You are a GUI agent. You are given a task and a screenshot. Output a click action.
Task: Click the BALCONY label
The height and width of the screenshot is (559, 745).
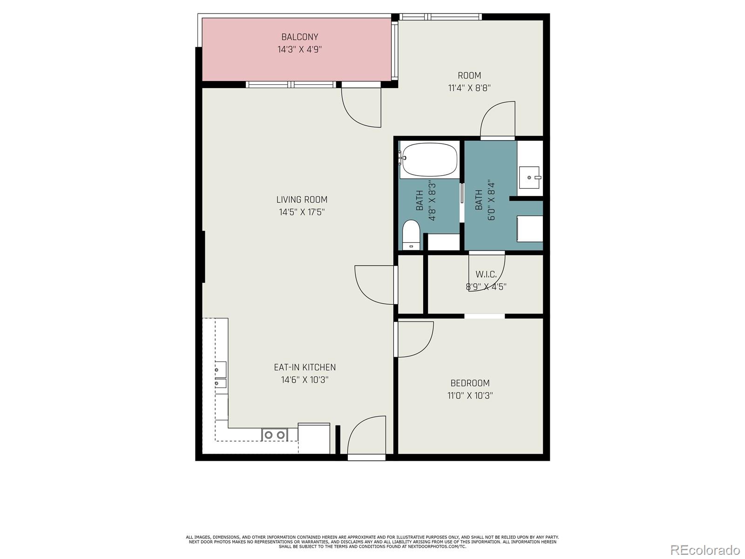(x=299, y=37)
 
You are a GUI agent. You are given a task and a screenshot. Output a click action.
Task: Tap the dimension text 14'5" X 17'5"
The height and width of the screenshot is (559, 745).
(x=302, y=212)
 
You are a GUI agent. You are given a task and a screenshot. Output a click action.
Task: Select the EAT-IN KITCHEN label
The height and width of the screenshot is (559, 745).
(x=305, y=367)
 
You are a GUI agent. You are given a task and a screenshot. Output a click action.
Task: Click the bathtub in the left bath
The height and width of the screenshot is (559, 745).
(x=429, y=159)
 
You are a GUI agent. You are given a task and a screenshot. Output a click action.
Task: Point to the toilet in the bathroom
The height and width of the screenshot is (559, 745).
(x=411, y=234)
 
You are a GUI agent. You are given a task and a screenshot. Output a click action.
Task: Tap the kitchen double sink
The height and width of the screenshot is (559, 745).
(x=274, y=435)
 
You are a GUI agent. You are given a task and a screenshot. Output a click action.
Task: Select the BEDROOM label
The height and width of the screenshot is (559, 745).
(x=470, y=383)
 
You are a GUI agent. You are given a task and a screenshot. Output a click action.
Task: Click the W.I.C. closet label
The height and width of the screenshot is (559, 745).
(x=486, y=274)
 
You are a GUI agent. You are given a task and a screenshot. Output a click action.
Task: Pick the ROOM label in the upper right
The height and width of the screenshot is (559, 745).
(x=469, y=75)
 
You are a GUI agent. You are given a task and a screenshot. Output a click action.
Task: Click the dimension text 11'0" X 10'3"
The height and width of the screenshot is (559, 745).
(x=470, y=395)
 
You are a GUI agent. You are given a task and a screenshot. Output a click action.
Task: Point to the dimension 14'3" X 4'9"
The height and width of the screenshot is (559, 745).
(x=299, y=49)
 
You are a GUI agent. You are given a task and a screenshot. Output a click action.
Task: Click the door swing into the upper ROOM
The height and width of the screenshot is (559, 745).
(x=497, y=120)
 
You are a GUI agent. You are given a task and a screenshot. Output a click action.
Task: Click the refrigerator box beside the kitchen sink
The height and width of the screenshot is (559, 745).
(x=314, y=438)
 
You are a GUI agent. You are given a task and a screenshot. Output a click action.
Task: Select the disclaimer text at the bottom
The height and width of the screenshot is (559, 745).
(x=372, y=542)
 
